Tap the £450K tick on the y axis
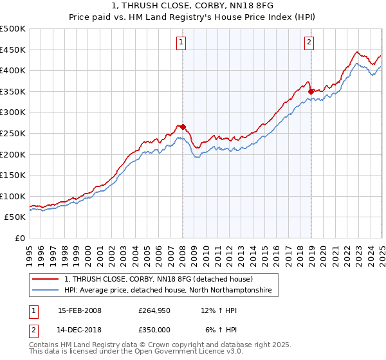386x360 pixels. tap(13, 50)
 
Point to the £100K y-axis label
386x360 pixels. tap(13, 196)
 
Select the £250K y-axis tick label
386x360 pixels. tap(13, 133)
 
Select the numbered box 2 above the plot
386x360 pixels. tap(309, 43)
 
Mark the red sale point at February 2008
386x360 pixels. tap(183, 127)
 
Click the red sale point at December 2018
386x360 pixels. tap(311, 91)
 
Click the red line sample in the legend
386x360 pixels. tap(46, 280)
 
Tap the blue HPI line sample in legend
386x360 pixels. tap(46, 291)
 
